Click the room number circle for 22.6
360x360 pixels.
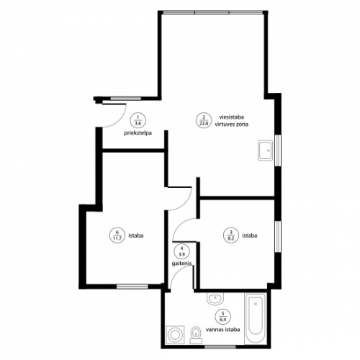pos(204,120)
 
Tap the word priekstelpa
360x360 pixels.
pos(138,133)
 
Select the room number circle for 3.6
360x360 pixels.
pos(138,120)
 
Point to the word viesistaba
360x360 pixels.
pos(231,117)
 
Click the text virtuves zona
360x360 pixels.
pos(231,125)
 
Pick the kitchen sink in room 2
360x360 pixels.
pos(265,150)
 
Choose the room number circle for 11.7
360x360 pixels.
pos(117,235)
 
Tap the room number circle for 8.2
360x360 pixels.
pos(231,235)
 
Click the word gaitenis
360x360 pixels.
pos(181,264)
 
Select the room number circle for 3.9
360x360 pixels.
pos(181,251)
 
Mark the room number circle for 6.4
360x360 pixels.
pos(223,317)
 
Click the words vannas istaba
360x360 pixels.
pos(222,330)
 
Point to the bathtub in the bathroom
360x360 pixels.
pos(256,318)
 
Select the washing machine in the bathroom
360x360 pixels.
pos(176,335)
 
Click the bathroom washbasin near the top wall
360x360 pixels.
pos(215,299)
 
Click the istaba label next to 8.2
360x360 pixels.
pos(250,235)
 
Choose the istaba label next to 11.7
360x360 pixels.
pos(136,235)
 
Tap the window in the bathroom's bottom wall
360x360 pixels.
pos(220,347)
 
